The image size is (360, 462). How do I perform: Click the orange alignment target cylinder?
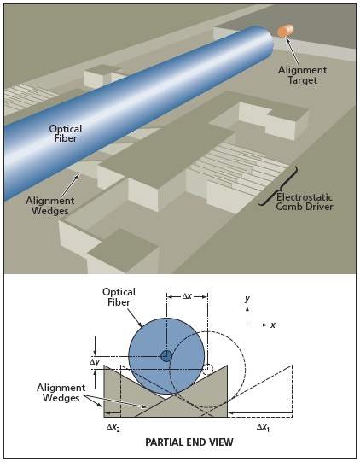(x=286, y=32)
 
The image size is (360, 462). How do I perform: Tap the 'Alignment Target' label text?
(x=302, y=75)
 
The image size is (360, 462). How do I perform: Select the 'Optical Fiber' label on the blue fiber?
(x=66, y=133)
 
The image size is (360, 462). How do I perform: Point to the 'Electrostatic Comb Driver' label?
(x=305, y=202)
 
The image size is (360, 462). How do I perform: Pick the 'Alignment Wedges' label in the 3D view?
(x=49, y=205)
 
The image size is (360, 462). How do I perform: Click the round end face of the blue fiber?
(x=267, y=40)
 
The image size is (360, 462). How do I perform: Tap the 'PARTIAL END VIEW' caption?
(x=189, y=442)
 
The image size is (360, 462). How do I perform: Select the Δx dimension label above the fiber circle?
(x=187, y=296)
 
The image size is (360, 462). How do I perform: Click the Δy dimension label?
(x=95, y=362)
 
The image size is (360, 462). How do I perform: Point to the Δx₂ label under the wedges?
(x=113, y=428)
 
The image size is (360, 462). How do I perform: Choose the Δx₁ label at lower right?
(x=263, y=427)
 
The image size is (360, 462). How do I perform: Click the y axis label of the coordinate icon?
(x=247, y=299)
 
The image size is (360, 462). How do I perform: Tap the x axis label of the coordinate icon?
(x=273, y=325)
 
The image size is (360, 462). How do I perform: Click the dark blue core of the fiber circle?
(x=166, y=356)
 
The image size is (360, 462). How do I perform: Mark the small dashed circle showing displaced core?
(x=207, y=370)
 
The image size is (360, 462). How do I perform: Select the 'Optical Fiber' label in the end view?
(x=119, y=297)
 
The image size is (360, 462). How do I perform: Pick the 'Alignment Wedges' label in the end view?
(x=61, y=393)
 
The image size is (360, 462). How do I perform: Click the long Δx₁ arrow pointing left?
(x=260, y=413)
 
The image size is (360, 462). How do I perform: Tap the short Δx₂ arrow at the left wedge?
(x=113, y=413)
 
